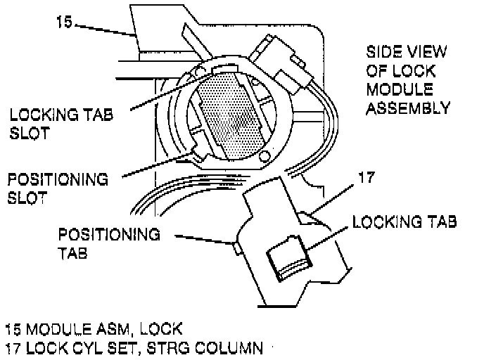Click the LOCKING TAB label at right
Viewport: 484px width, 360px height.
pyautogui.click(x=405, y=222)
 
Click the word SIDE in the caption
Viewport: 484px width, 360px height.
pyautogui.click(x=382, y=53)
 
